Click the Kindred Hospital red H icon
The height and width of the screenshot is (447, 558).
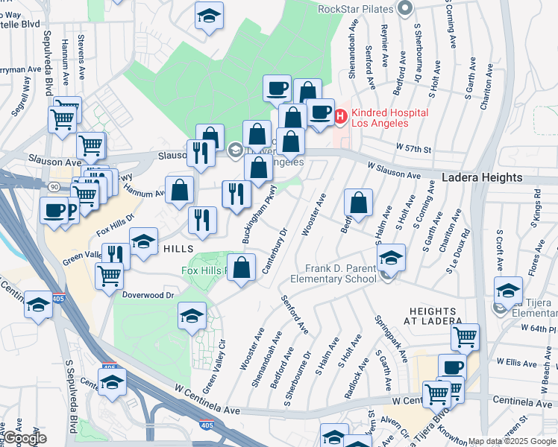point(341,116)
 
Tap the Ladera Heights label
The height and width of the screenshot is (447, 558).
point(481,178)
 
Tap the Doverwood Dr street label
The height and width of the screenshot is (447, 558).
point(149,295)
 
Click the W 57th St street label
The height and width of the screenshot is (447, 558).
point(414,149)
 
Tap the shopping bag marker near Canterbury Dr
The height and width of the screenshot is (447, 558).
point(242,268)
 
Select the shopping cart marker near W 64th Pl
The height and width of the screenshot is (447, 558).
point(465,337)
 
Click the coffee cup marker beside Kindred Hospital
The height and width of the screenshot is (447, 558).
point(320,112)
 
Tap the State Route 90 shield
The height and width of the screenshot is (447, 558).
point(55,186)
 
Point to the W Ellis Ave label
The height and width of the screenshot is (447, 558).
point(516,362)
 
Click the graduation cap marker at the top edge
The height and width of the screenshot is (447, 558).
point(210,14)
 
